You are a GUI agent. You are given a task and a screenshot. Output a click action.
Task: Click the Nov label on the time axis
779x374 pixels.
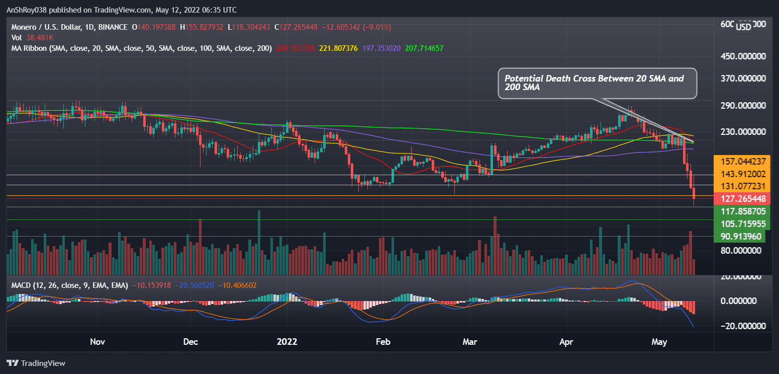coord(97,342)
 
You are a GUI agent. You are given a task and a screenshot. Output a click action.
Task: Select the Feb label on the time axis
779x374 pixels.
coord(383,342)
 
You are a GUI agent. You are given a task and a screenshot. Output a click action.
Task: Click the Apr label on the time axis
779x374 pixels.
coord(566,342)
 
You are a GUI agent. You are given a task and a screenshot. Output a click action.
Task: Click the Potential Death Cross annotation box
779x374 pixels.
coord(597,84)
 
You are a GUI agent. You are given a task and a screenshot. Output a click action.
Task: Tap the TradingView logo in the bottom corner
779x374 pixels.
coord(36,363)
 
